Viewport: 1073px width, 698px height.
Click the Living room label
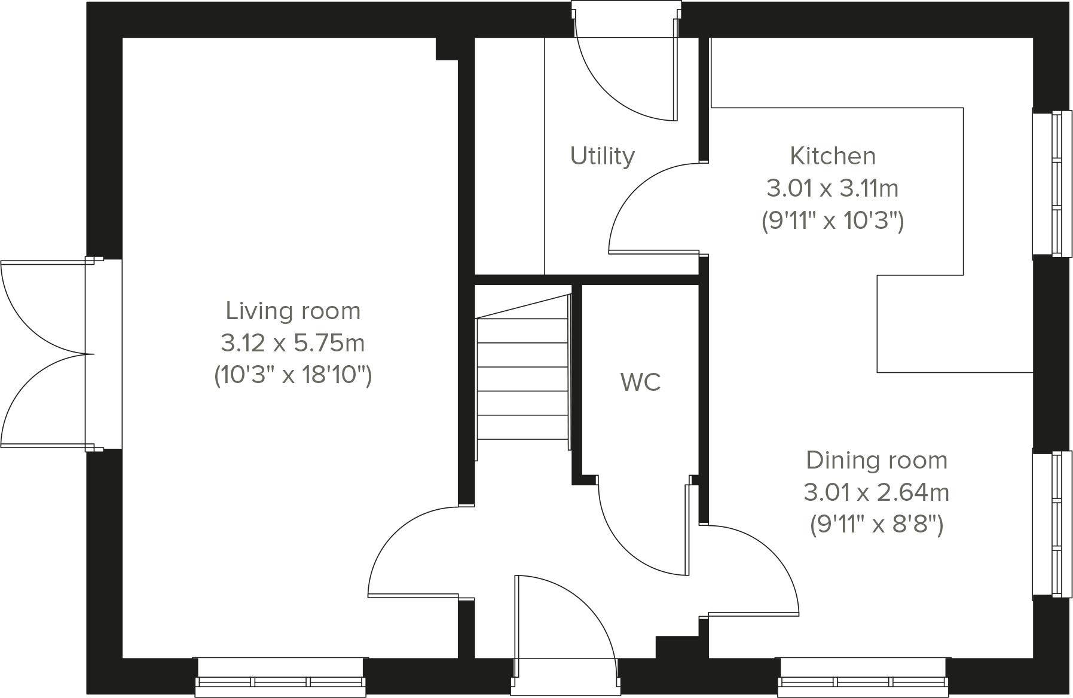pos(293,311)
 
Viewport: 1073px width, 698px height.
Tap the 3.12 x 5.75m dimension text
pos(293,344)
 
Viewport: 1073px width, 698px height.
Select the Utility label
pos(602,156)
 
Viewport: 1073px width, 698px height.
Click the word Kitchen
pos(833,156)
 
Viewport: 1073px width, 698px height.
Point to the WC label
pos(641,382)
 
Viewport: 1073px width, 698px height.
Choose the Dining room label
pos(877,461)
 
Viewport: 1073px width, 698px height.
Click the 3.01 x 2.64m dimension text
pos(877,493)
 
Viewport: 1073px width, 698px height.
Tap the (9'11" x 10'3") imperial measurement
pos(833,222)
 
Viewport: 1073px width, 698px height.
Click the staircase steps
pos(522,379)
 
